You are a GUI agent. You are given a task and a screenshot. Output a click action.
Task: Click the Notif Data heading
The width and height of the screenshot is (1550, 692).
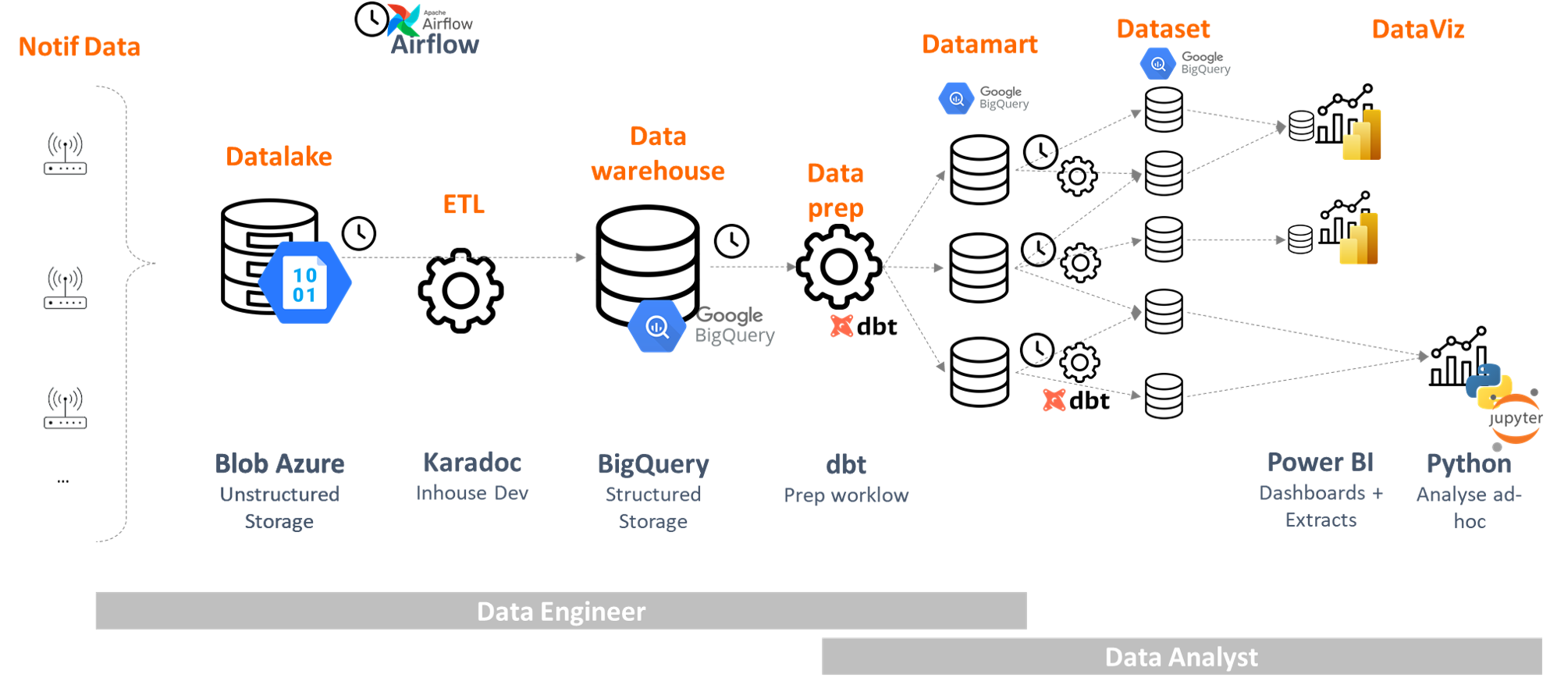[x=80, y=47]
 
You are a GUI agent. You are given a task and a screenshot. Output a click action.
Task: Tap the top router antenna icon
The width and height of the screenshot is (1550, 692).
[x=65, y=153]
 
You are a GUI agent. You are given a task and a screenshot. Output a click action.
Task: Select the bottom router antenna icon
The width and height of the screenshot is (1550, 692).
[x=65, y=407]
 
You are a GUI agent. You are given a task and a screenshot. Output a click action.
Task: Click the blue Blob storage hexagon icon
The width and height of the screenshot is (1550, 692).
[x=304, y=283]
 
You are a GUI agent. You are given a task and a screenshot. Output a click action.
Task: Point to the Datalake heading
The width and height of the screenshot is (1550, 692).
[x=279, y=156]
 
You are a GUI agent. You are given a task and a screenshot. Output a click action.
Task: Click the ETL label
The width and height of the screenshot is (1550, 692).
[x=464, y=204]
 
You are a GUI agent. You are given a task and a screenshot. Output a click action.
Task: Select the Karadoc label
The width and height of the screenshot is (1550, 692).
[x=471, y=463]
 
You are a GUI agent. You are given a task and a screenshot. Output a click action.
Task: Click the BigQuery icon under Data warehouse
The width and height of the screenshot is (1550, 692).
[x=657, y=327]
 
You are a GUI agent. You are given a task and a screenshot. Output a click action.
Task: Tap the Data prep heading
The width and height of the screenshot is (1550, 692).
[x=835, y=190]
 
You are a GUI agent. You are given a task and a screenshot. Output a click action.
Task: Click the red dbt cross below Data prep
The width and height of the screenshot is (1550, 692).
[x=842, y=325]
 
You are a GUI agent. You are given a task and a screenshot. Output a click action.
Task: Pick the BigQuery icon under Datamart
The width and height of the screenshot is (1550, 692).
[x=956, y=99]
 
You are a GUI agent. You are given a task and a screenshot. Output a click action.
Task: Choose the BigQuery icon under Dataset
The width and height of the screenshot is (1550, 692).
[x=1158, y=65]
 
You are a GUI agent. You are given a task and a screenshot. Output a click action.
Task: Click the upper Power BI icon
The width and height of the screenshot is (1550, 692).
[x=1362, y=135]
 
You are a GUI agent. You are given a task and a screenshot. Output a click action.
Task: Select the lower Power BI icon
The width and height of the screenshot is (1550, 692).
[x=1359, y=239]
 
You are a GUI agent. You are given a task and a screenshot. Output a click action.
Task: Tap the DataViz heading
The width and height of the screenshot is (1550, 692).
[x=1417, y=30]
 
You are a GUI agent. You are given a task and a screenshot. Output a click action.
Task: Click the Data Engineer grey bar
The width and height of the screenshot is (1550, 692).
[x=560, y=611]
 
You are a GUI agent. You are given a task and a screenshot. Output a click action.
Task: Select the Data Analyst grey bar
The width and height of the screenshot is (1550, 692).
[x=1182, y=657]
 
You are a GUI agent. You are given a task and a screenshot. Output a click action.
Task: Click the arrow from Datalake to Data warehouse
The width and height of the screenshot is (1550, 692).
[x=464, y=257]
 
